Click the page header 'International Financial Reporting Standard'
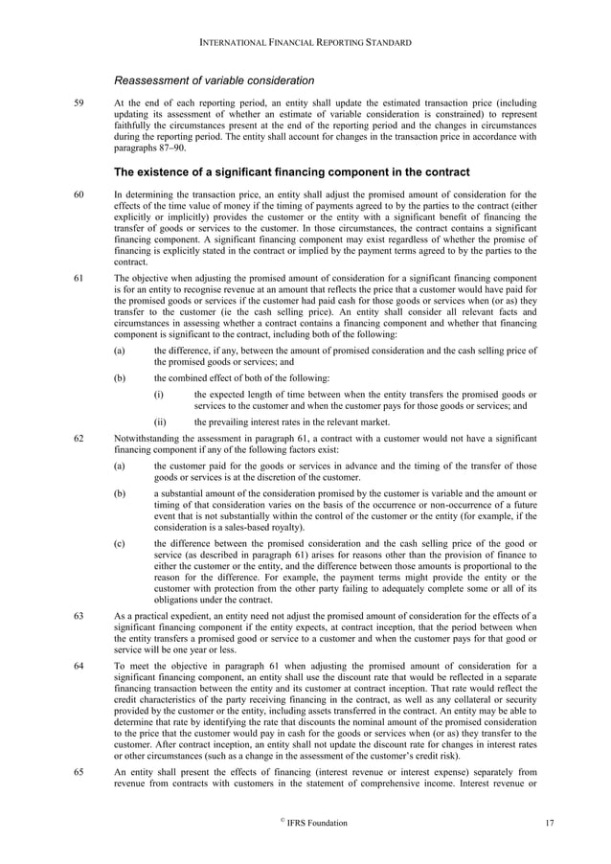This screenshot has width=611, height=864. tap(305, 43)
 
